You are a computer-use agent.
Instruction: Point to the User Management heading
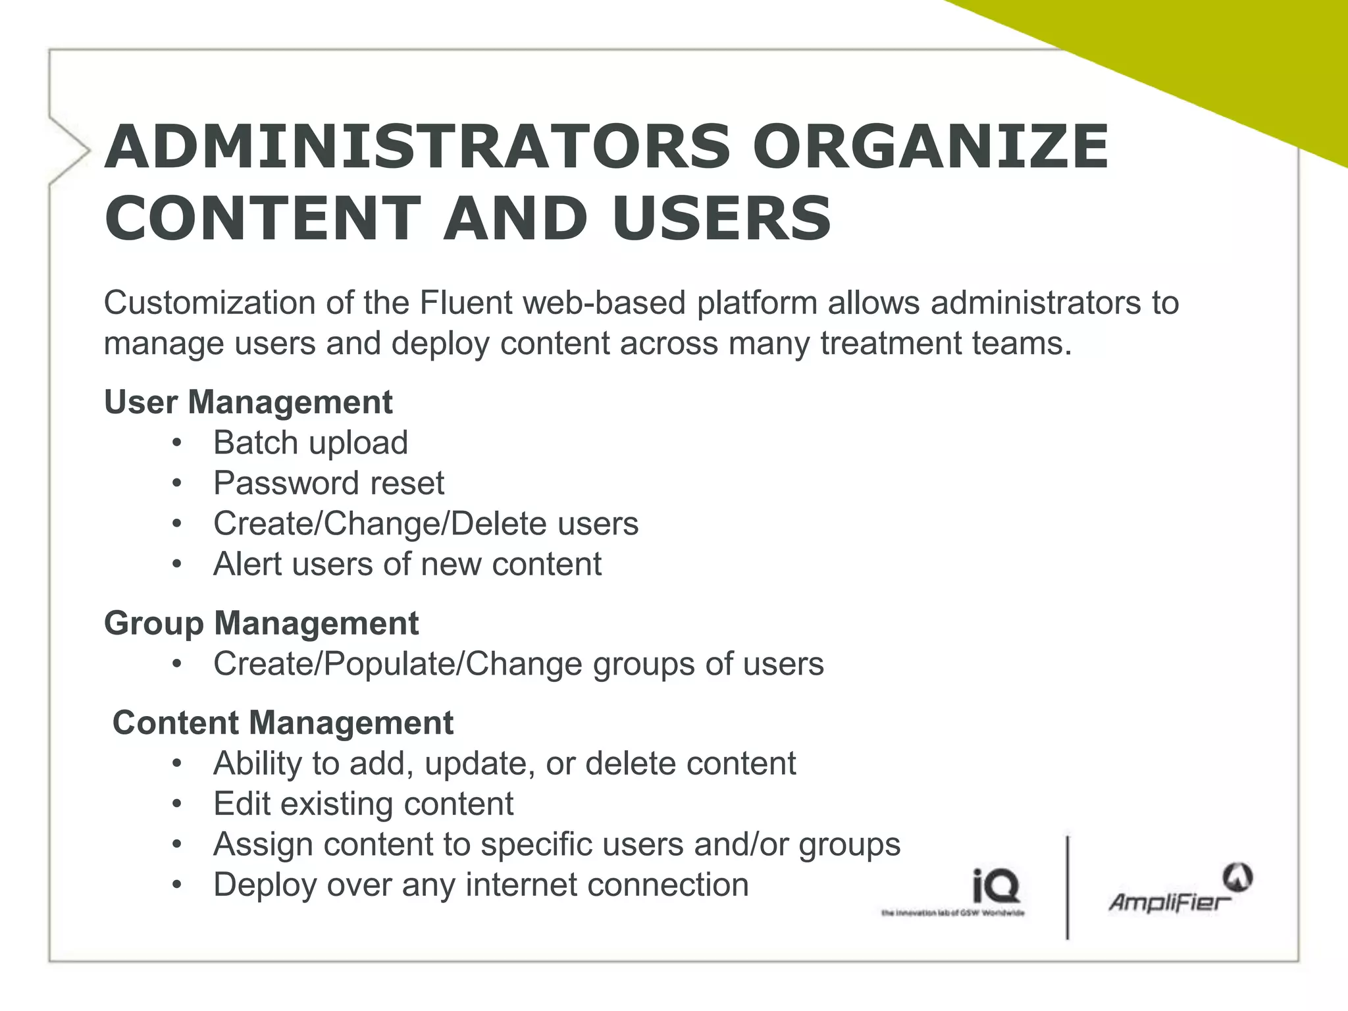point(248,402)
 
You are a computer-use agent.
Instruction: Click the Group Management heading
point(261,623)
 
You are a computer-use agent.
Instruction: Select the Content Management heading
point(283,723)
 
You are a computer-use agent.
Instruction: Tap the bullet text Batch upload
point(311,442)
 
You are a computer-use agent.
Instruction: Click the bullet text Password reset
point(328,483)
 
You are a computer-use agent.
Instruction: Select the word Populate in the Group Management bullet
point(392,663)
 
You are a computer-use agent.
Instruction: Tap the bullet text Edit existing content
point(363,804)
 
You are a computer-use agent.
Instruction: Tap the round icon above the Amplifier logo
point(1237,877)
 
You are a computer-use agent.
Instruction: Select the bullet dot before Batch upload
point(176,443)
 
